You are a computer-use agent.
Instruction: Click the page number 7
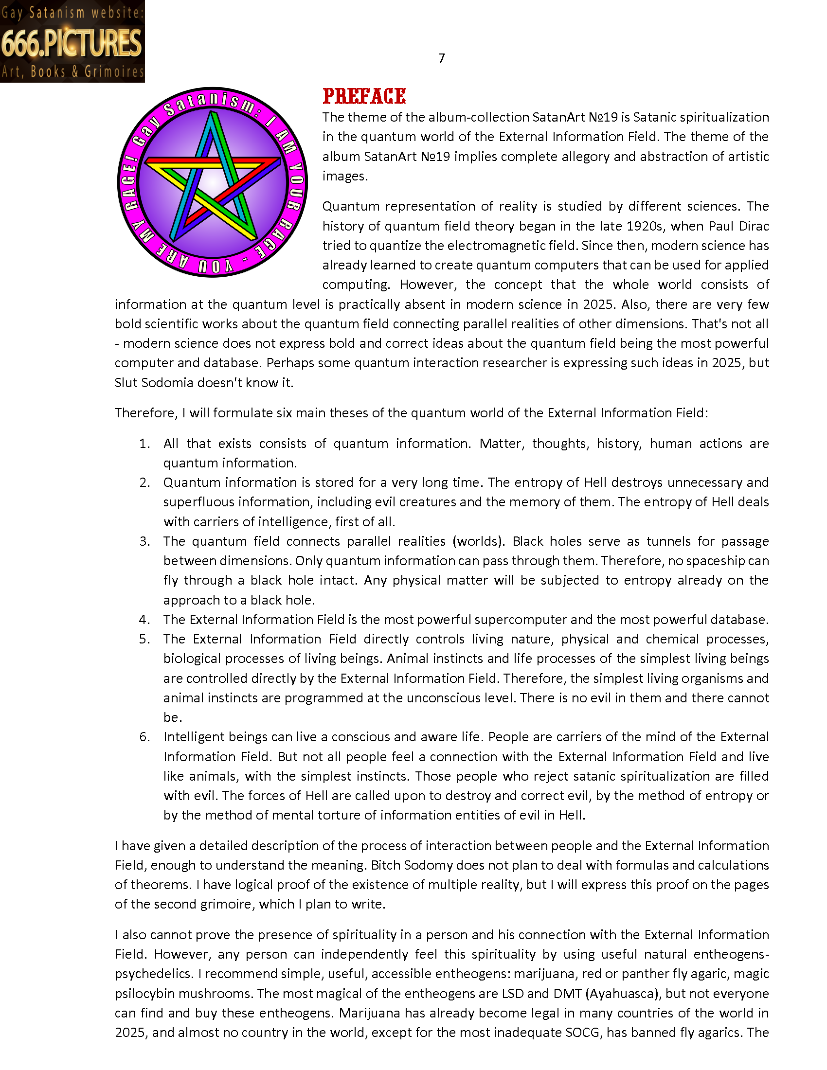pos(441,58)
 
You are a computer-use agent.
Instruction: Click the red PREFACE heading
pos(364,96)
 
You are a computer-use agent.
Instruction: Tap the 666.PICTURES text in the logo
pos(72,43)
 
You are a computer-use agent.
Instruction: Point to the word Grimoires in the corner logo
pos(114,72)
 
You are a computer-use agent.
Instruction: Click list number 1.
pos(144,444)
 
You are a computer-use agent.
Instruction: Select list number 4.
pos(144,620)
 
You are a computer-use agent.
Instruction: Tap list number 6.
pos(144,737)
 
